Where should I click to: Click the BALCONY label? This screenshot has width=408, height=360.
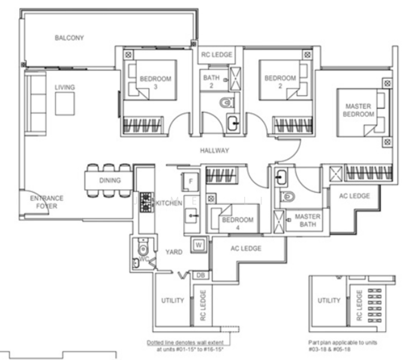[69, 38]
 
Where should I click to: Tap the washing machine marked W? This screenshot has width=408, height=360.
[199, 245]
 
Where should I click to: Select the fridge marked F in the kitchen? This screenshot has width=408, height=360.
[190, 182]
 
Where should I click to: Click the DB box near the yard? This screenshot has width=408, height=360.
[200, 275]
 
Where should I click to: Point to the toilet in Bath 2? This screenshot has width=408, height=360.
[226, 103]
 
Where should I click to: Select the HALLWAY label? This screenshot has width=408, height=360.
[214, 151]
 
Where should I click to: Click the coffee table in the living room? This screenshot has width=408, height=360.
[65, 104]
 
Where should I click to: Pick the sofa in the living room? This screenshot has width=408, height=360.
[35, 104]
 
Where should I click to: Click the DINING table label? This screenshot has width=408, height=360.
[110, 180]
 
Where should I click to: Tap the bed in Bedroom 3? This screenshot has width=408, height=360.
[150, 80]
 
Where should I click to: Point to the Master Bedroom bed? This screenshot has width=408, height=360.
[363, 113]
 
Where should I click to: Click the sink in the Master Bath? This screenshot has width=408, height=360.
[281, 178]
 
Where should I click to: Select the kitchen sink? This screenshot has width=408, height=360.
[191, 215]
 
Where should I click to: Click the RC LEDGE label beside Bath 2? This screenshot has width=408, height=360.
[217, 55]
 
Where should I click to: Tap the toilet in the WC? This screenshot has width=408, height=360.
[143, 248]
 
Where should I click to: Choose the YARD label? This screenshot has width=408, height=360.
[174, 252]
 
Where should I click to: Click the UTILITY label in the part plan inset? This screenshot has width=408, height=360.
[329, 301]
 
